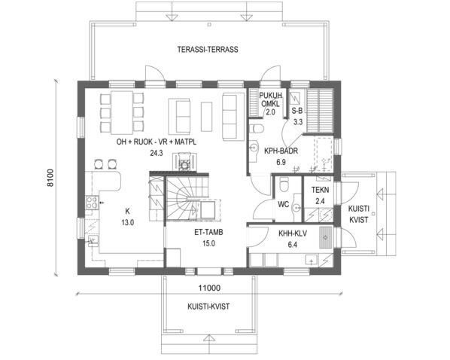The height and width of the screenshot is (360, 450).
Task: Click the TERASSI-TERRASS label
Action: pos(207,50)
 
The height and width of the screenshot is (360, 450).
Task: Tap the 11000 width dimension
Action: pos(208,288)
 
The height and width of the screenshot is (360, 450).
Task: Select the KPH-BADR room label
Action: pos(281,151)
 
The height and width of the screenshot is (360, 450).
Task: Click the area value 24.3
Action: pos(157,152)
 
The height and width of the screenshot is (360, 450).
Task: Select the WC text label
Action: pos(284,203)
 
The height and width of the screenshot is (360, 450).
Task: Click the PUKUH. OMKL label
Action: pos(270,100)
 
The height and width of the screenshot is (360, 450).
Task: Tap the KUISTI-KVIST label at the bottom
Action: pos(208,306)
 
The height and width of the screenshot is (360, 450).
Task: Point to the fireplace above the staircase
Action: pos(181,160)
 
